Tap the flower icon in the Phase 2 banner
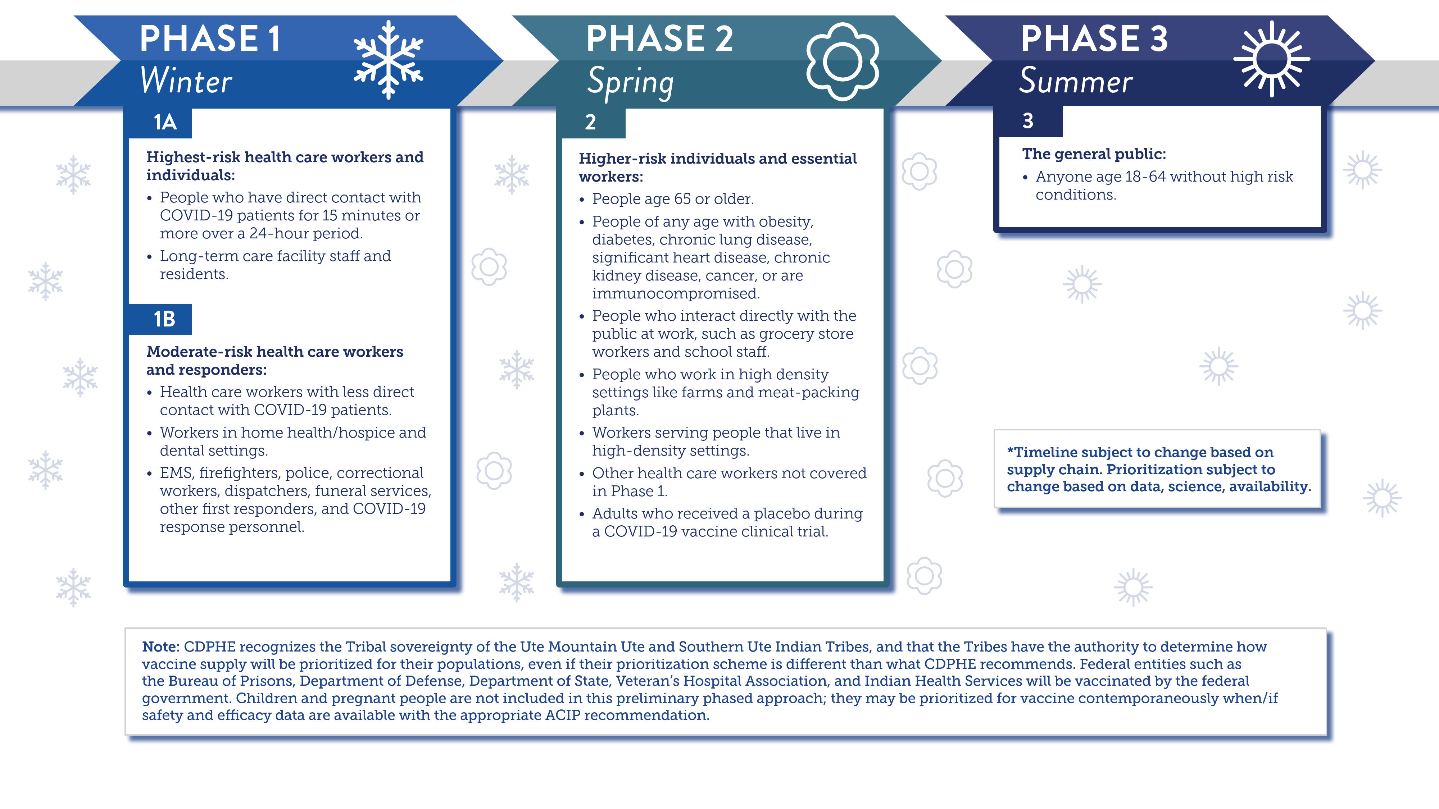coord(843,61)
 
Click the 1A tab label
coord(165,122)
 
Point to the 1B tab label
coord(164,319)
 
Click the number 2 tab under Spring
coord(590,122)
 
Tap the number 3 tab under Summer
coord(1027,120)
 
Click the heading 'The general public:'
coord(1094,154)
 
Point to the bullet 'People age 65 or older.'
coord(673,199)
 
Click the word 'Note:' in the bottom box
coord(160,646)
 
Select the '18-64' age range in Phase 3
coord(1145,177)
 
